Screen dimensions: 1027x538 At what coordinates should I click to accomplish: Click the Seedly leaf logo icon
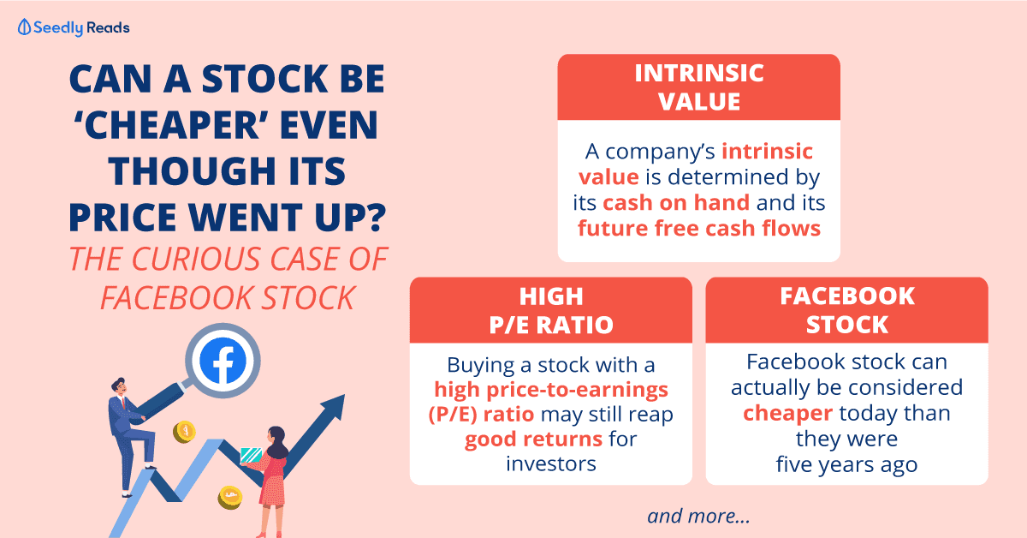pyautogui.click(x=24, y=27)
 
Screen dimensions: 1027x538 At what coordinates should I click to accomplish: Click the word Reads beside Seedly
pyautogui.click(x=108, y=28)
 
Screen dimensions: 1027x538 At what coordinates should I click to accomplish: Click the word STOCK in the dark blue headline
pyautogui.click(x=264, y=79)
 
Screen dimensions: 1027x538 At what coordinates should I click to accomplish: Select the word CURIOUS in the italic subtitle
pyautogui.click(x=197, y=259)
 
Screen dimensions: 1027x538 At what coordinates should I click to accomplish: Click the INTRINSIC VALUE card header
pyautogui.click(x=698, y=87)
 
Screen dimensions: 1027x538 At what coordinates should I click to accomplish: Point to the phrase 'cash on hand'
pyautogui.click(x=676, y=202)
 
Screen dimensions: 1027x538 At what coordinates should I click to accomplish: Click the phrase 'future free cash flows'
pyautogui.click(x=698, y=228)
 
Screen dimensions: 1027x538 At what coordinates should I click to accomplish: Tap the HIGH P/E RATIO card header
pyautogui.click(x=550, y=310)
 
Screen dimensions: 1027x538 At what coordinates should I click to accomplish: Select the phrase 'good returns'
pyautogui.click(x=533, y=439)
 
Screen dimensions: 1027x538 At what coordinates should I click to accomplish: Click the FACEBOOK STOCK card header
pyautogui.click(x=846, y=310)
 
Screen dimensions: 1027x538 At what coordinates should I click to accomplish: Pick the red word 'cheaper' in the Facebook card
pyautogui.click(x=787, y=413)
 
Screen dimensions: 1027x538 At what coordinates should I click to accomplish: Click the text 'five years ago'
pyautogui.click(x=846, y=464)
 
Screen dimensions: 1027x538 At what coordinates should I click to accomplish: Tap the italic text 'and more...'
pyautogui.click(x=698, y=516)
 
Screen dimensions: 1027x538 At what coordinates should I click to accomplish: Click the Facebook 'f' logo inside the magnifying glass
pyautogui.click(x=223, y=361)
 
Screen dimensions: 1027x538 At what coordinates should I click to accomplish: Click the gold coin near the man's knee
pyautogui.click(x=184, y=432)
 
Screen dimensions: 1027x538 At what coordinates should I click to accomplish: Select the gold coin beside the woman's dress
pyautogui.click(x=229, y=497)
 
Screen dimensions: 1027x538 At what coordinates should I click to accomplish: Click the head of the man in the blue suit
pyautogui.click(x=119, y=386)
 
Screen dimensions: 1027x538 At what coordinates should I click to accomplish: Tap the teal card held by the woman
pyautogui.click(x=251, y=456)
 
